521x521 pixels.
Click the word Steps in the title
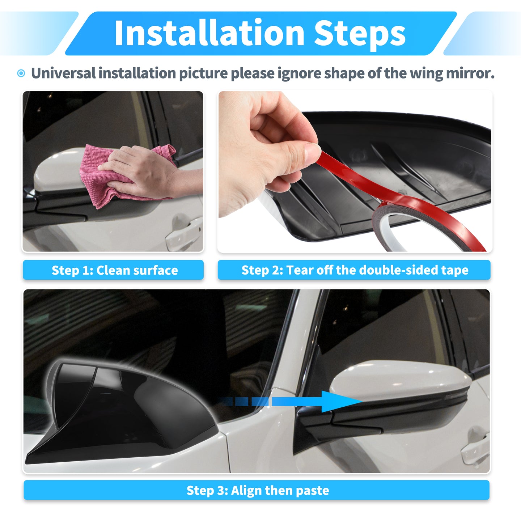(359, 35)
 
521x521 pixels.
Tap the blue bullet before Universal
(21, 73)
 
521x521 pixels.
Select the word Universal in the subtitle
(63, 73)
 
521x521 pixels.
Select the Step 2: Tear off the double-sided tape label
(354, 270)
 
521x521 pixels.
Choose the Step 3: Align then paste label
(257, 490)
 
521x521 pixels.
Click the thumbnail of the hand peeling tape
(355, 171)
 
